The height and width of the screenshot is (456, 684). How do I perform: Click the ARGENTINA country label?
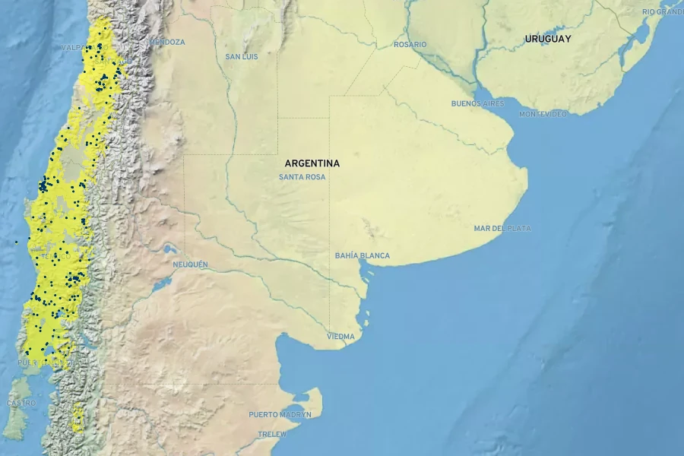pyautogui.click(x=312, y=163)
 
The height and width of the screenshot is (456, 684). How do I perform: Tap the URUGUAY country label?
pyautogui.click(x=547, y=38)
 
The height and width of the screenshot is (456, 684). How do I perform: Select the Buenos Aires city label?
pyautogui.click(x=477, y=103)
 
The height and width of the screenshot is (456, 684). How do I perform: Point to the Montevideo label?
pyautogui.click(x=543, y=114)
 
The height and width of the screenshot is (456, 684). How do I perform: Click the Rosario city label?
pyautogui.click(x=410, y=45)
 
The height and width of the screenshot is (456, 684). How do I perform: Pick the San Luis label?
pyautogui.click(x=242, y=57)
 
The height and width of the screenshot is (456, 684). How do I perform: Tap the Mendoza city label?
pyautogui.click(x=166, y=42)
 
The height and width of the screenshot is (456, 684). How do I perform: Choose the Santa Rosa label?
pyautogui.click(x=302, y=177)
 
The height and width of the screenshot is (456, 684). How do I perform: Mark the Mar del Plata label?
pyautogui.click(x=502, y=228)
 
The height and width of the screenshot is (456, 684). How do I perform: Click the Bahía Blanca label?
pyautogui.click(x=362, y=256)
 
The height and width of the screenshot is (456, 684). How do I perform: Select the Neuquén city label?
pyautogui.click(x=190, y=264)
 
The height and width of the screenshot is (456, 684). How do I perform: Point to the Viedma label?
pyautogui.click(x=340, y=336)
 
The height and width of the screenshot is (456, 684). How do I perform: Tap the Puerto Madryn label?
pyautogui.click(x=280, y=415)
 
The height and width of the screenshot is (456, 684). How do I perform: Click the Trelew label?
pyautogui.click(x=272, y=434)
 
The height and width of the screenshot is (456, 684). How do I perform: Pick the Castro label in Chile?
pyautogui.click(x=21, y=403)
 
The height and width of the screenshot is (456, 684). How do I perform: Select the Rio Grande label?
pyautogui.click(x=662, y=12)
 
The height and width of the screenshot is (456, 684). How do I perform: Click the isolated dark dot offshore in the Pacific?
pyautogui.click(x=15, y=242)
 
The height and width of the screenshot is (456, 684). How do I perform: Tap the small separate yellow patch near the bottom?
pyautogui.click(x=78, y=419)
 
